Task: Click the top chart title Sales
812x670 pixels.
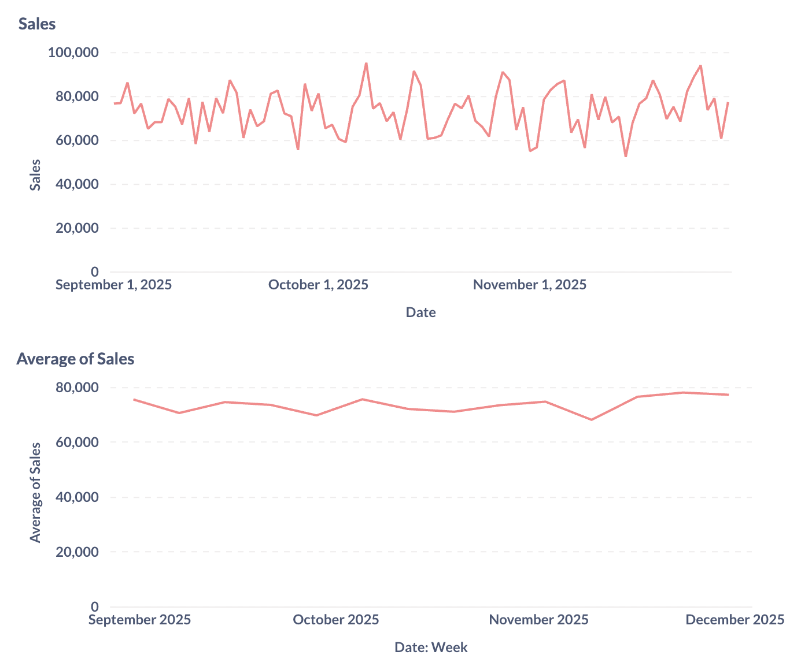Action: [37, 24]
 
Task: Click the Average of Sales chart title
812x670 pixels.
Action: [75, 359]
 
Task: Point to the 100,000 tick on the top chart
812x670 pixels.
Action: [73, 53]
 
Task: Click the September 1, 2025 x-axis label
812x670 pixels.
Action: [113, 285]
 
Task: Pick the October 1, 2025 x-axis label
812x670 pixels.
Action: [318, 285]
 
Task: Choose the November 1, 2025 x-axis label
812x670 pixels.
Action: [529, 285]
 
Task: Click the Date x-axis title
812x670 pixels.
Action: [420, 312]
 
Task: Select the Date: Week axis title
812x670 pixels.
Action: [431, 647]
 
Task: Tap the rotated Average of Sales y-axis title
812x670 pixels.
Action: [36, 492]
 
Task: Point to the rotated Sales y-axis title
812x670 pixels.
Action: [36, 174]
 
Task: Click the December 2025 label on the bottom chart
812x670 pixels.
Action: [735, 620]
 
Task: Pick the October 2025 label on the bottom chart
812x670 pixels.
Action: [336, 620]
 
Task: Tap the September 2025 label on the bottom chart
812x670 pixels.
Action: [139, 620]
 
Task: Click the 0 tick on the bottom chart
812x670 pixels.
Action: [94, 607]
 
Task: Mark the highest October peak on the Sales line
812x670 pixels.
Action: [366, 64]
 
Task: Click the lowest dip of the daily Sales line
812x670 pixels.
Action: [625, 157]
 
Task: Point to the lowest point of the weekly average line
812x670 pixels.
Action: [591, 420]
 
